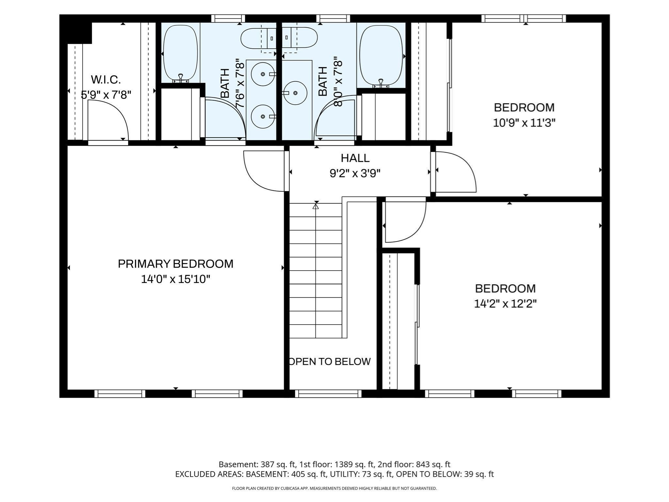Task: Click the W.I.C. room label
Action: [106, 79]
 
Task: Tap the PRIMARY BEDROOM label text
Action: [175, 264]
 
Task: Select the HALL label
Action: [355, 158]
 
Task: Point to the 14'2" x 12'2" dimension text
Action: [505, 304]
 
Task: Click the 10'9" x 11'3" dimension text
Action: [524, 123]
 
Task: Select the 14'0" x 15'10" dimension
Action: [175, 279]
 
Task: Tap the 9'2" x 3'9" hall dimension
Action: [355, 173]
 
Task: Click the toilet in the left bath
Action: [258, 38]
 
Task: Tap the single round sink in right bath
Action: [295, 93]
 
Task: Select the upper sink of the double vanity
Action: [263, 74]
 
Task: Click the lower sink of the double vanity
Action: [263, 116]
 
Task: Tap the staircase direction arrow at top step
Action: [316, 206]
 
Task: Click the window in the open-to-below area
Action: [328, 393]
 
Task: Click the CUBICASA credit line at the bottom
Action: [334, 488]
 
